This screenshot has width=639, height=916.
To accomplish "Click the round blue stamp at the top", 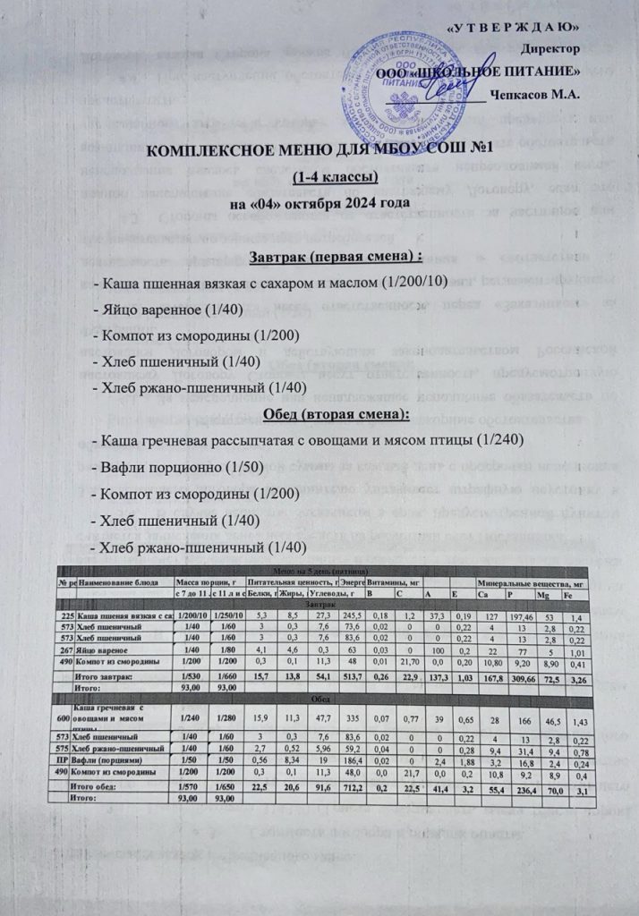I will pyautogui.click(x=419, y=72).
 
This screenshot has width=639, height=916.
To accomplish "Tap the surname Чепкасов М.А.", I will pyautogui.click(x=535, y=94).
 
